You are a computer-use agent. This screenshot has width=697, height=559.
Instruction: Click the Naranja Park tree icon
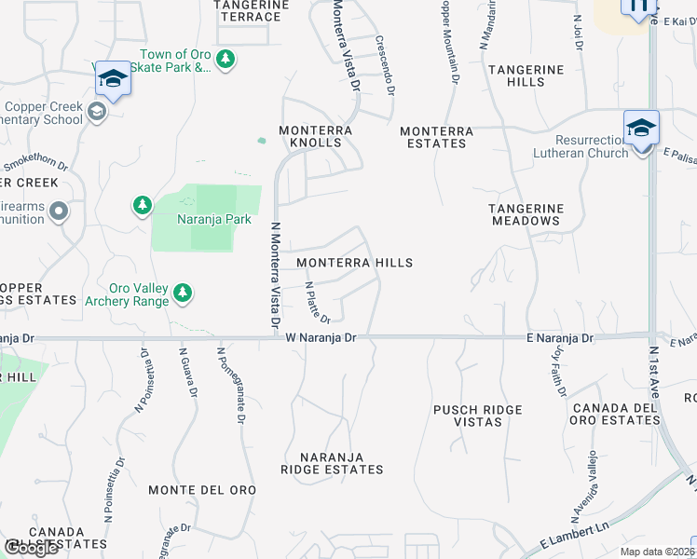pos(142,205)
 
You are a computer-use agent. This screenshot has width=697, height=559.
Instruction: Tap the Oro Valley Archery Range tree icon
pos(183,293)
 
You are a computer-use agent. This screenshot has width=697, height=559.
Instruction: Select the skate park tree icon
pos(225,60)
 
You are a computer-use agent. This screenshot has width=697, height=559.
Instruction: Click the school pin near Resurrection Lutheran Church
pos(641,127)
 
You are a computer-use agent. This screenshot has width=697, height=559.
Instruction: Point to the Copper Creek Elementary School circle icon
pos(96,113)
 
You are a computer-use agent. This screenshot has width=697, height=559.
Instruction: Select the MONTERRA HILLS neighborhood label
pos(354,264)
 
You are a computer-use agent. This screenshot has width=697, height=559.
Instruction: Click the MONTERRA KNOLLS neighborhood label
pos(317,137)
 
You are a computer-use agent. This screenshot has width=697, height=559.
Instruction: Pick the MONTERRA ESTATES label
pos(434,137)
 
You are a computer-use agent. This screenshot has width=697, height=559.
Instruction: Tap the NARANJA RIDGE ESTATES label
pos(333,463)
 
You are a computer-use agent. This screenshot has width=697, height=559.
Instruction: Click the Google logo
pos(32,548)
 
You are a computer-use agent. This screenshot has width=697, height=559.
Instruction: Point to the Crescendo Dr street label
pos(385,65)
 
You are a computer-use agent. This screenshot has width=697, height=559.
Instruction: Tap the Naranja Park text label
pos(214,220)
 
